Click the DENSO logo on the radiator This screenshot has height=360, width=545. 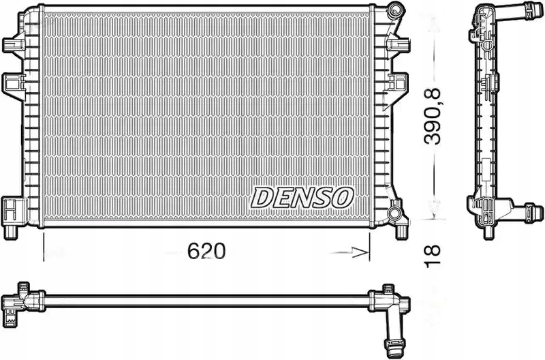tap(302, 198)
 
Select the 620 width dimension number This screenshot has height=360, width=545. tap(206, 251)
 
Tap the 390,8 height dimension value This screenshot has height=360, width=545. tap(432, 117)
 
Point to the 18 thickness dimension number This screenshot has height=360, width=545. tap(432, 256)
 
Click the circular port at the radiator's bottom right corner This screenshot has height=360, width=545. tap(394, 212)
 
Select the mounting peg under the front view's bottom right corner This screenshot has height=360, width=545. tap(402, 232)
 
